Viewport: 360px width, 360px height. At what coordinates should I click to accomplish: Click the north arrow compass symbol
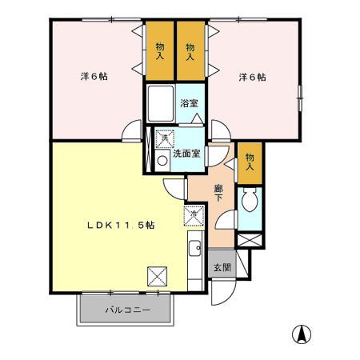[x=302, y=334]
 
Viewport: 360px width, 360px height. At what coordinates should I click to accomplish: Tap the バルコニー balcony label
[x=128, y=310]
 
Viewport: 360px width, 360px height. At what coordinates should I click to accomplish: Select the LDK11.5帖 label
[x=121, y=226]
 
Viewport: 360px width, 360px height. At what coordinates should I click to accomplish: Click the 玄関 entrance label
[x=222, y=267]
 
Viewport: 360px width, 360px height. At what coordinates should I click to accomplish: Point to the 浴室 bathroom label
[x=189, y=103]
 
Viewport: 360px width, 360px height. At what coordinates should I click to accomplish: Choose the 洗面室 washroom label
[x=186, y=154]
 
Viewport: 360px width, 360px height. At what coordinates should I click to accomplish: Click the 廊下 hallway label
[x=218, y=193]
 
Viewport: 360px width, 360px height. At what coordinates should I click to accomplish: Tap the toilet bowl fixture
[x=250, y=200]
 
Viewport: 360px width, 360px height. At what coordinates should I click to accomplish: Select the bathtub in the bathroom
[x=161, y=103]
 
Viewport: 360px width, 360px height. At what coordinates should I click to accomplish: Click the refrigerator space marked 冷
[x=194, y=215]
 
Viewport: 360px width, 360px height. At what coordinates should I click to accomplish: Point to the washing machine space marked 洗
[x=165, y=138]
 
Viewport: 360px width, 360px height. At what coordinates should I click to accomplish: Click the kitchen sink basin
[x=195, y=249]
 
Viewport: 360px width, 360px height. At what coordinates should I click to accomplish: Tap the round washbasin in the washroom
[x=162, y=161]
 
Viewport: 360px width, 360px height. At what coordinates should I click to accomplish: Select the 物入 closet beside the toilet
[x=250, y=163]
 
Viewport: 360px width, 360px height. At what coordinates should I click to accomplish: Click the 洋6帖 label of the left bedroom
[x=94, y=77]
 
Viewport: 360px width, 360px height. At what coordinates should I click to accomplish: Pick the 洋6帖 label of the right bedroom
[x=252, y=78]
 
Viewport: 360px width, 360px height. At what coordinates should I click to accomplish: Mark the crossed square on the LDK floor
[x=158, y=277]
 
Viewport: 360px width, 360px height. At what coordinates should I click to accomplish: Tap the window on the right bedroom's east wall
[x=300, y=98]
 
